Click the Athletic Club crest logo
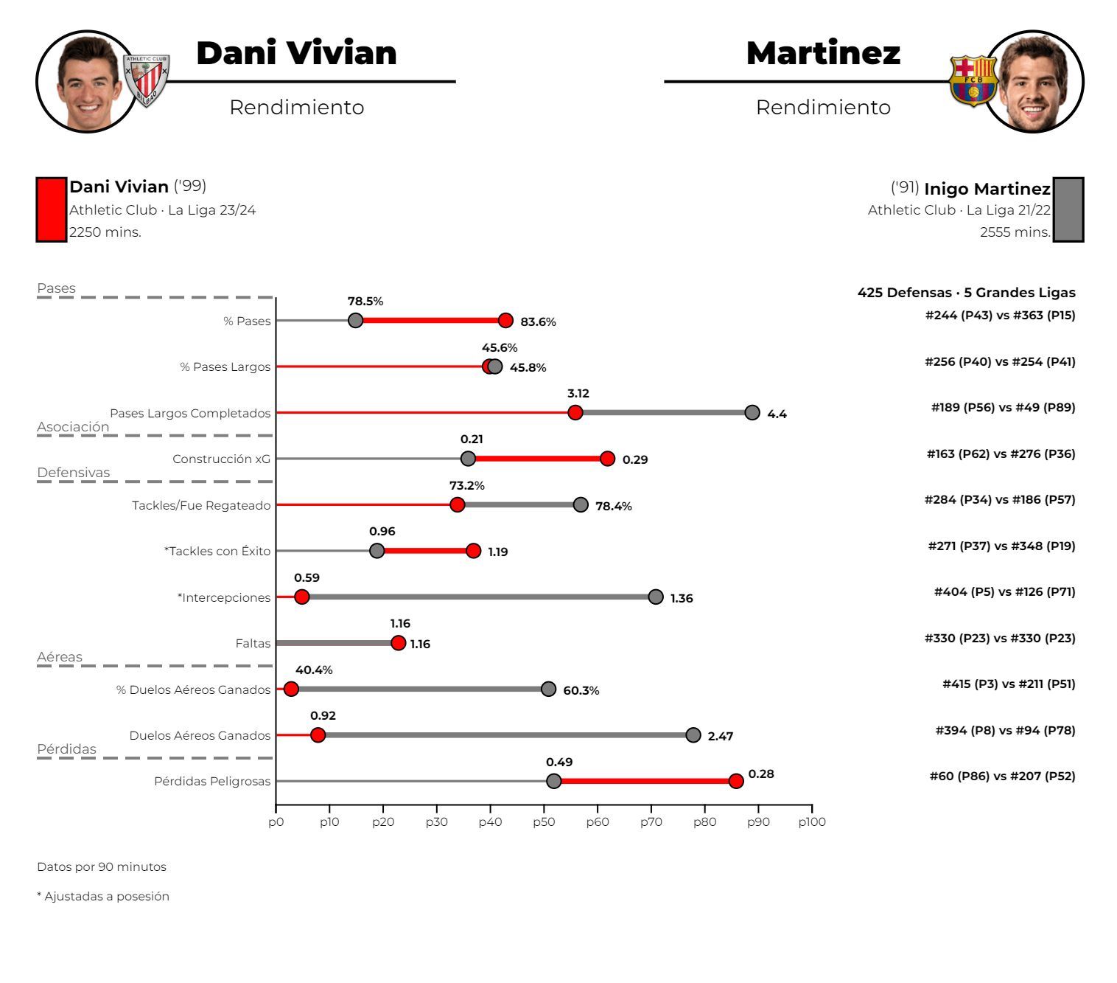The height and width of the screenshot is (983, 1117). [146, 80]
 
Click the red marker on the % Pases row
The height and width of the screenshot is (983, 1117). [505, 320]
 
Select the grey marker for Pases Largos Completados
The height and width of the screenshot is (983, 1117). [752, 412]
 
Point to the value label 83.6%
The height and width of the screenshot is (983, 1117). [538, 322]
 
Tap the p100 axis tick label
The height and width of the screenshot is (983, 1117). [812, 822]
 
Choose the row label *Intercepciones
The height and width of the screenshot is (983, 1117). [224, 597]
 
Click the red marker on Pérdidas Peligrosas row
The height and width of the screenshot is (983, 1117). [736, 781]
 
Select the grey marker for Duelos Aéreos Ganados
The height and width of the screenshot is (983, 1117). [693, 734]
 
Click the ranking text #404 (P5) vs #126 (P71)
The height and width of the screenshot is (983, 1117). [1004, 591]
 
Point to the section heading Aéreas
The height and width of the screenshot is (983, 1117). [60, 656]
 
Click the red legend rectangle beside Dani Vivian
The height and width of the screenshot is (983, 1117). [51, 209]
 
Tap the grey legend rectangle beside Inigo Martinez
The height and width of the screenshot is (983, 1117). [1068, 209]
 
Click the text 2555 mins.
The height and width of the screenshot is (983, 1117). [1015, 232]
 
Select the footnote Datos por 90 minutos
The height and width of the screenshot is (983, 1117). [102, 866]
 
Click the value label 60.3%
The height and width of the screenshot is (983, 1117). [581, 690]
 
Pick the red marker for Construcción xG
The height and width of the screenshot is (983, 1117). [607, 459]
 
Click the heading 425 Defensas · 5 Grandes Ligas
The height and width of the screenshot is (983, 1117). [966, 292]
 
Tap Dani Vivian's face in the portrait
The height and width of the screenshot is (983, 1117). [88, 85]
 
